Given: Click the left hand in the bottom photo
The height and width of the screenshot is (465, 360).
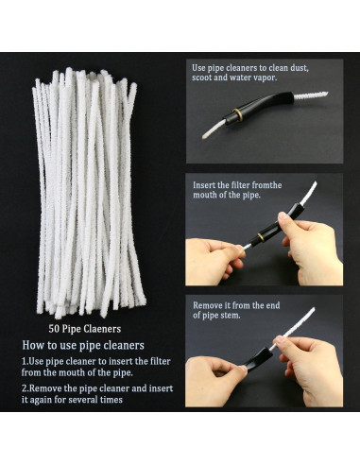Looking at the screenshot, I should tap(210, 374).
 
